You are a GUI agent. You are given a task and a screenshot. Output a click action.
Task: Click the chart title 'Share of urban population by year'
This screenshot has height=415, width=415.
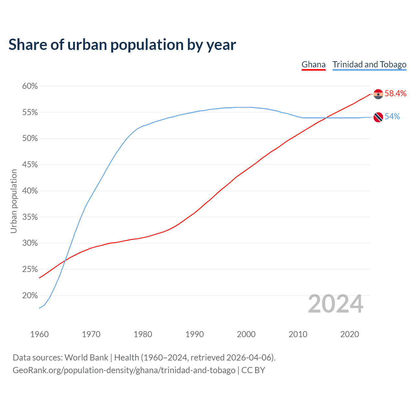(122, 45)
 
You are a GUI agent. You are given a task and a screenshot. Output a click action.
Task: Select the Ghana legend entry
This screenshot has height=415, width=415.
(314, 65)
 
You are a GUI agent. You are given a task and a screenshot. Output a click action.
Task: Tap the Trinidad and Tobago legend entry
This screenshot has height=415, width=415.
(369, 65)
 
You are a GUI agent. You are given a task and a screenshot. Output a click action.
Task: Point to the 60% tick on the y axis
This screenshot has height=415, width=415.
(30, 86)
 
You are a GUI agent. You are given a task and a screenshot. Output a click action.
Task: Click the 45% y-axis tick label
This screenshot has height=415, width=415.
(30, 165)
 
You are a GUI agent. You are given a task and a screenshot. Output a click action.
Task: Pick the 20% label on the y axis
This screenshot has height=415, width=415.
(30, 296)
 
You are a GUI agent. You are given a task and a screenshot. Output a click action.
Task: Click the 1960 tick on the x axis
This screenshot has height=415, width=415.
(39, 334)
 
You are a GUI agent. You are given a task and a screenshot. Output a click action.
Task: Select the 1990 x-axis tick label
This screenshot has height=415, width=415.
(195, 334)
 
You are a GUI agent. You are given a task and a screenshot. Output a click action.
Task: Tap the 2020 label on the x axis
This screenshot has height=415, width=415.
(350, 334)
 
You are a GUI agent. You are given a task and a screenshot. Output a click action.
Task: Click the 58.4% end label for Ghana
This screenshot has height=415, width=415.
(396, 94)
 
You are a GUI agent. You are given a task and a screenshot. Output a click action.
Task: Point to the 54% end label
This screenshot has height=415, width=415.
(392, 117)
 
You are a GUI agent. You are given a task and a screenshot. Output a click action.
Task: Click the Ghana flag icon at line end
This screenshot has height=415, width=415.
(378, 94)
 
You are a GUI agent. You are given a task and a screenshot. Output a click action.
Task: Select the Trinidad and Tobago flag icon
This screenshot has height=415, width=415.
(378, 117)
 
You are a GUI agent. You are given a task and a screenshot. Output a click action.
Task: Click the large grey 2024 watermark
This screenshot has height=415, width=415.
(336, 304)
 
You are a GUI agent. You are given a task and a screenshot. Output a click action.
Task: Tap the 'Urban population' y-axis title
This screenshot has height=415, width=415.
(14, 201)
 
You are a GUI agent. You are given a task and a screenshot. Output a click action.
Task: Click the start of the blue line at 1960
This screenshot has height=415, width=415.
(40, 308)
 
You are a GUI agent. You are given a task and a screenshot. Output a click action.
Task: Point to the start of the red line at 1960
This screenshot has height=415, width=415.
(40, 278)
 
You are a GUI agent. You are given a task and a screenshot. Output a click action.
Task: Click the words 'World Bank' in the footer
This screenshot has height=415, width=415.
(86, 358)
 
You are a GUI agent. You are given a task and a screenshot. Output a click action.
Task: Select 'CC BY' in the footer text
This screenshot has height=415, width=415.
(253, 370)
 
